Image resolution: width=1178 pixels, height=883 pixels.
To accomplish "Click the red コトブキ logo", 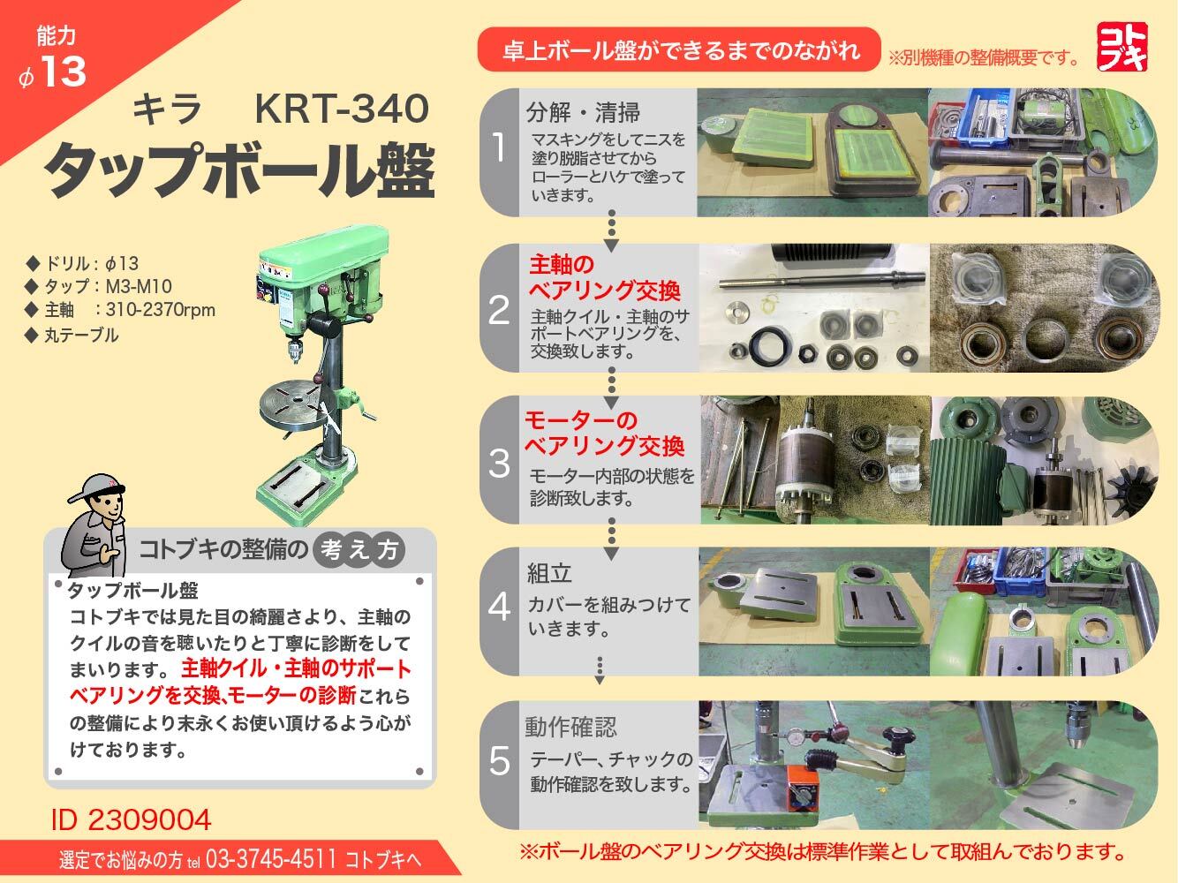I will click(x=1122, y=46).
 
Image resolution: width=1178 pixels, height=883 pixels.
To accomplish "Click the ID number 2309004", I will click(x=132, y=819).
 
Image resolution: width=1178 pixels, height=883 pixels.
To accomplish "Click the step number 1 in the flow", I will click(x=499, y=148).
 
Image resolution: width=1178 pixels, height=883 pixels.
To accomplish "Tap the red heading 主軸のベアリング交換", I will click(x=604, y=277).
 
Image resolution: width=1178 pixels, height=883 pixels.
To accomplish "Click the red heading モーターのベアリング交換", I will click(x=604, y=432).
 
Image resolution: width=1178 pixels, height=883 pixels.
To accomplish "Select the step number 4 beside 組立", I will click(x=499, y=607).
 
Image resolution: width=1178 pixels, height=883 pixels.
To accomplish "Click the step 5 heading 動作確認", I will click(x=570, y=727).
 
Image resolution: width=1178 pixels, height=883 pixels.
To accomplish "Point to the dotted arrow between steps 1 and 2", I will click(x=611, y=231).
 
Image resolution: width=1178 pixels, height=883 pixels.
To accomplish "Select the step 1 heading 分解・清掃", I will click(x=583, y=112).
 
